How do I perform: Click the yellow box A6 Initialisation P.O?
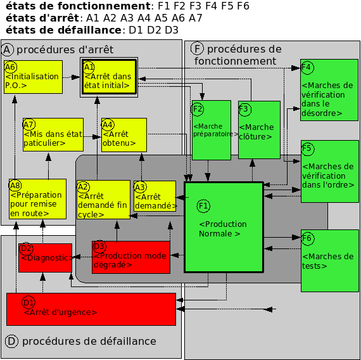point(33,77)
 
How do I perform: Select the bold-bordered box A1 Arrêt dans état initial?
point(109,77)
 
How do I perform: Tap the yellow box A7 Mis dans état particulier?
point(53,134)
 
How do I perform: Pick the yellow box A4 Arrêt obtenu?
point(123,134)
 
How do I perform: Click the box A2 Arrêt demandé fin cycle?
point(103,200)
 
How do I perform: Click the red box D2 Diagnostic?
point(44,257)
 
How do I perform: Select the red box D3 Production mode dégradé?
point(131,257)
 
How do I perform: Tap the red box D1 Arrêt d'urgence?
point(91,309)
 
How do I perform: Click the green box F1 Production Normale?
point(224,227)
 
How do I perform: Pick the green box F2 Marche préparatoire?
point(211,130)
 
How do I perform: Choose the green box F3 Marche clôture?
point(259,130)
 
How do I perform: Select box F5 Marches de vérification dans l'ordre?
point(329,172)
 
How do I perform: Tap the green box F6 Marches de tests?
point(329,260)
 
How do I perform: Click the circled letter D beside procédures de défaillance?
point(11,342)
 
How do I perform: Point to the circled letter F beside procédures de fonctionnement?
point(197,49)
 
